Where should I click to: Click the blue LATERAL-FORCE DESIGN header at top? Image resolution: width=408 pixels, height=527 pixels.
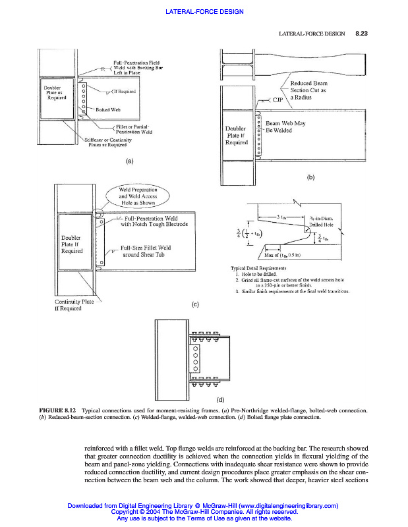pos(204,12)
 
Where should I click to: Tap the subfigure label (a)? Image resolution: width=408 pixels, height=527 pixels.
pos(129,160)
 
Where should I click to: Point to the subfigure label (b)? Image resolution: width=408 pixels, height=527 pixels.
pos(311,177)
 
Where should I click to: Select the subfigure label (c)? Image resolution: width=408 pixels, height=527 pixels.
pos(195,304)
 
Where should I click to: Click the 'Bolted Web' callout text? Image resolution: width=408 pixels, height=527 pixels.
pos(107,109)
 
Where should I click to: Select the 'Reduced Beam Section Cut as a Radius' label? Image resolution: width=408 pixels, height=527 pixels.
pos(308,90)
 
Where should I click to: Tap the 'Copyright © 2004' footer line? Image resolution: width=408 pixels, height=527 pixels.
pos(204,512)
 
